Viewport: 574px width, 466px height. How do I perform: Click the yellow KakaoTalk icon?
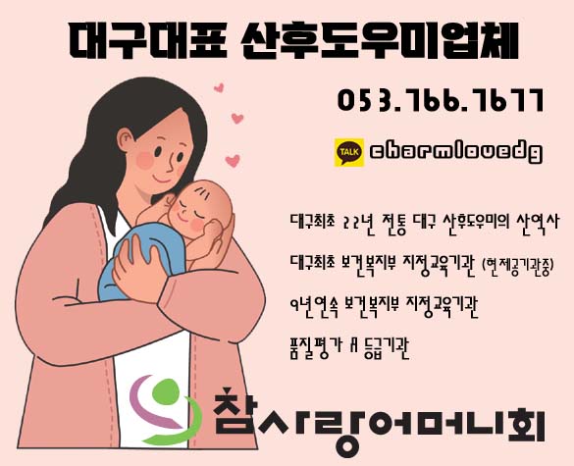coord(349,152)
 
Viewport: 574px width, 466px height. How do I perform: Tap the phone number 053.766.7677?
coord(441,100)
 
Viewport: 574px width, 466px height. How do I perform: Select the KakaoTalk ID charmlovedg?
coord(455,152)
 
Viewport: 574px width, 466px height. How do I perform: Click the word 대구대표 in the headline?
coord(148,40)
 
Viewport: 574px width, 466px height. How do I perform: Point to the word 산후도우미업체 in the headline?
coord(380,40)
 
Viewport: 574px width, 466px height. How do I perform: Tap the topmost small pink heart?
coord(219,88)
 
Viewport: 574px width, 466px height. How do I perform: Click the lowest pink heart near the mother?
coord(233,160)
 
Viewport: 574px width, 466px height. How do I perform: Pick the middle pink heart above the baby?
coord(237,119)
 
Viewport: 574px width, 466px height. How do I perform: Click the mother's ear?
coord(126,139)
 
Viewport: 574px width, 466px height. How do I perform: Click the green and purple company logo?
coord(165,409)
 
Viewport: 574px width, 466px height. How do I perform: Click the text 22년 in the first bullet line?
coord(358,222)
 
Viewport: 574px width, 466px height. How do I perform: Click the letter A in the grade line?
coord(353,344)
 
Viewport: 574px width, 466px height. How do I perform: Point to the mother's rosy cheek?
coord(144,160)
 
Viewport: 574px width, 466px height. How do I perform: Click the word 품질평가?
coord(316,345)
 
